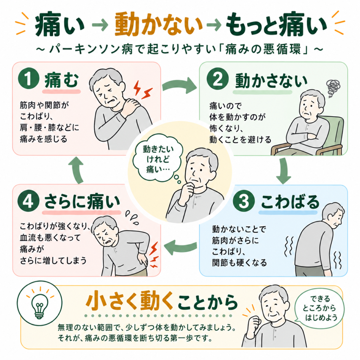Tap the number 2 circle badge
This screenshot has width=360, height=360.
point(217,78)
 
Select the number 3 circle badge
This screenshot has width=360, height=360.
point(244,201)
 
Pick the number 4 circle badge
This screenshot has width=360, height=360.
point(28,201)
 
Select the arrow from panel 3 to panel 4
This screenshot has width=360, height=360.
point(180,247)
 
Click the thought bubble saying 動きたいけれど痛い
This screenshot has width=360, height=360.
point(158,159)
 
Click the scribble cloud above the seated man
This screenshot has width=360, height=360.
point(333,88)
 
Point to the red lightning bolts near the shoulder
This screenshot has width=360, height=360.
point(143,90)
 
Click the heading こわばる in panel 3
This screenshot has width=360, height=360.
point(290,202)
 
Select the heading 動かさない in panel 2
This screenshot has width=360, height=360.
point(271,81)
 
